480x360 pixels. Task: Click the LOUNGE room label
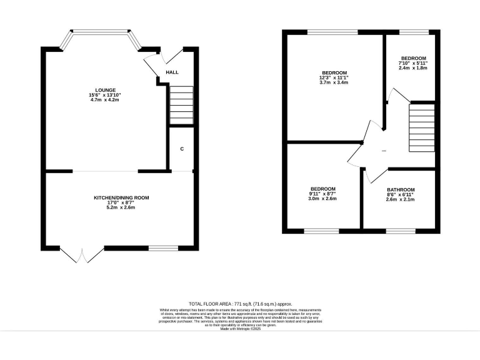coord(105,89)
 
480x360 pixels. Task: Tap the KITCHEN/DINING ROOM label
coord(121,197)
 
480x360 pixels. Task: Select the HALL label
coord(172,72)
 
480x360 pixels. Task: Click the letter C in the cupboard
coord(182,149)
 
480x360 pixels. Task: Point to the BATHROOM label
coord(400,189)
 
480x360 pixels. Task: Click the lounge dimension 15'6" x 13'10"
coord(105,94)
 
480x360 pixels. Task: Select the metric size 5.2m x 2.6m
coord(121,207)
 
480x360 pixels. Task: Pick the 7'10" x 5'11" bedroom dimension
coord(413,62)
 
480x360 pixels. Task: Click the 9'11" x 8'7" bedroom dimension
coord(323,194)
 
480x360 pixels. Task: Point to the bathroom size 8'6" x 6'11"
coord(400,194)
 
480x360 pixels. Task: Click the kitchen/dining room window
coord(162,248)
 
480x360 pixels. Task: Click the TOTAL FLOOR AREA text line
coord(240,303)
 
